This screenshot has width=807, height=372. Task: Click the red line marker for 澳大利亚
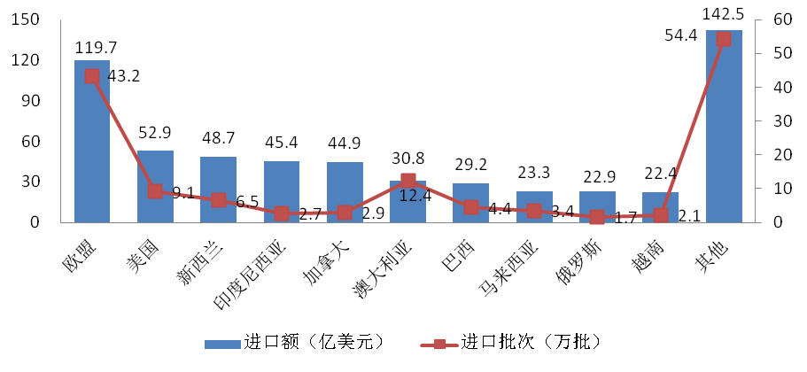pos(407,181)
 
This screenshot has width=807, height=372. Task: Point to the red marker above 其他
pos(724,39)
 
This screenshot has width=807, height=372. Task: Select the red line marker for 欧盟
pos(91,76)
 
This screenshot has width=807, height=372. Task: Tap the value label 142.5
pos(724,17)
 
